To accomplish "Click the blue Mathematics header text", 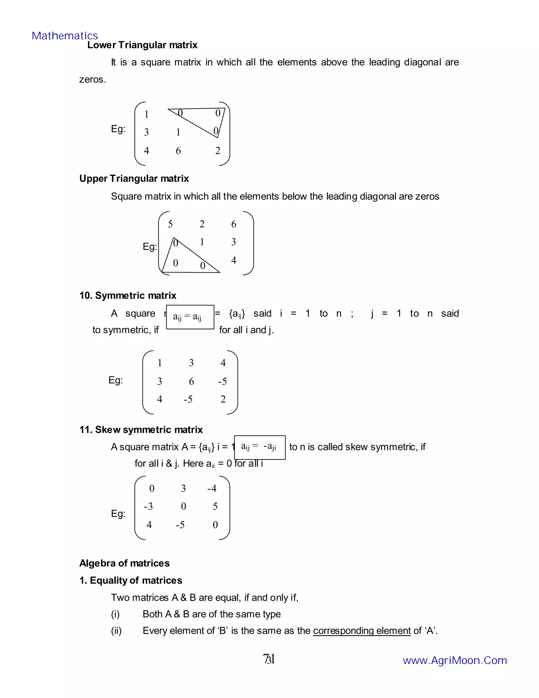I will [65, 36].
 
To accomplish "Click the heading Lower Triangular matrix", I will [142, 45].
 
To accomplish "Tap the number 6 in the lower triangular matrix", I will [178, 150].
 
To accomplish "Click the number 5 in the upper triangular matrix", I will [170, 224].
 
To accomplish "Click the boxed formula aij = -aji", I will [259, 447].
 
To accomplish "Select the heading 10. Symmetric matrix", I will [128, 295].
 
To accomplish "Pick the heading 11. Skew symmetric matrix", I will [141, 430].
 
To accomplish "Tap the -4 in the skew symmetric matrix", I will [212, 488].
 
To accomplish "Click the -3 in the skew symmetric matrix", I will [148, 506].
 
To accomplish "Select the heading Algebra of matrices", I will [124, 563].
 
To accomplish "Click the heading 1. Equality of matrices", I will [131, 580].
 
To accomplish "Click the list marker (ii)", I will [116, 631].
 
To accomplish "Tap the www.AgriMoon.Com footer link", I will [455, 660].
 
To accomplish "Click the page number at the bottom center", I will [269, 659].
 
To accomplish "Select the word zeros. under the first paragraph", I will [93, 79].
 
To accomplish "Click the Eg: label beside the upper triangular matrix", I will [149, 247].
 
